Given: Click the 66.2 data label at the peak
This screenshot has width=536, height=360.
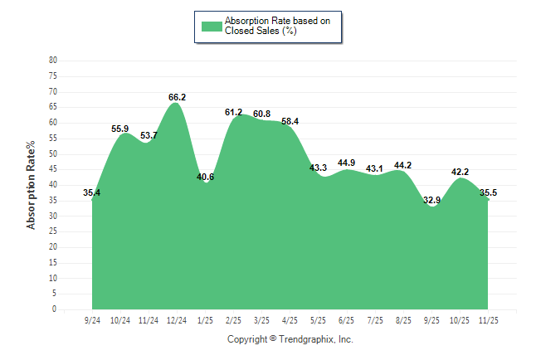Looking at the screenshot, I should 177,97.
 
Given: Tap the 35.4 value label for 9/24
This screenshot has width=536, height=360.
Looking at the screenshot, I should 92,193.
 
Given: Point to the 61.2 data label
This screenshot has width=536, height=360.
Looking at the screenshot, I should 234,112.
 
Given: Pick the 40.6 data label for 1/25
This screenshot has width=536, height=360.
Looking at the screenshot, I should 206,177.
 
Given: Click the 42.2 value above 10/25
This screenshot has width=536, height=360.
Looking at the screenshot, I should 460,172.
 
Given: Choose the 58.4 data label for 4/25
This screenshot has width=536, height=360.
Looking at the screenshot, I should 290,121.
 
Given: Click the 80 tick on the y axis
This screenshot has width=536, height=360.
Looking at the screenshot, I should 53,61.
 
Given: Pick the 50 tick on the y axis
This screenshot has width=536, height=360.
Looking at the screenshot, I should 53,153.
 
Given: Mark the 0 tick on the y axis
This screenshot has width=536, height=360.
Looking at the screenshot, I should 55,309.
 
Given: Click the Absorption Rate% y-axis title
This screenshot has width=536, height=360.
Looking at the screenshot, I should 32,184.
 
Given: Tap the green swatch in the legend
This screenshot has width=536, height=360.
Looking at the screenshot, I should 212,26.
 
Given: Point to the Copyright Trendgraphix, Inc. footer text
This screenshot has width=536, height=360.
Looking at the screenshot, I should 290,339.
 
